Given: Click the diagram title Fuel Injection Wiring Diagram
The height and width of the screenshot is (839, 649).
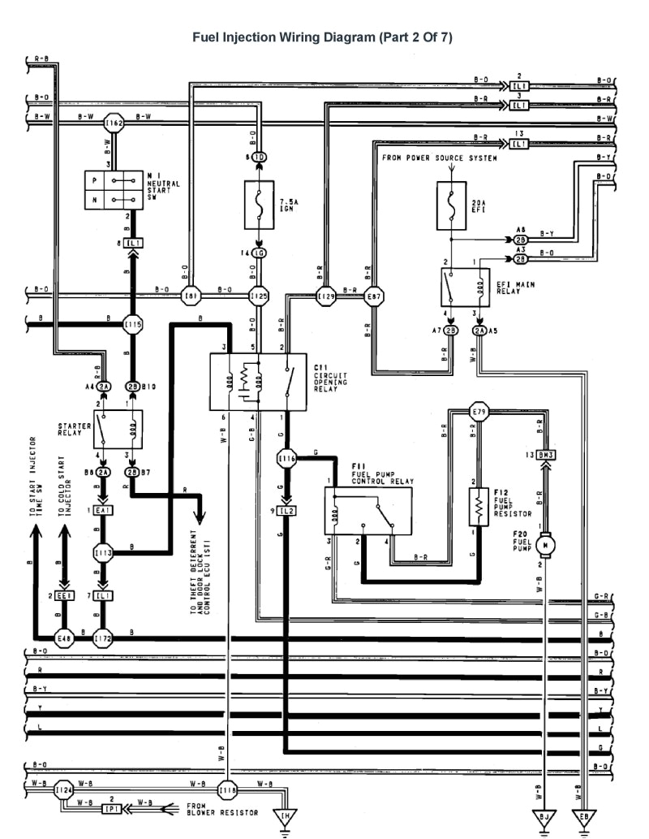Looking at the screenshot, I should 321,37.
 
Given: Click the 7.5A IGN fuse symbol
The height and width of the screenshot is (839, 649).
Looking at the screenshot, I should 259,204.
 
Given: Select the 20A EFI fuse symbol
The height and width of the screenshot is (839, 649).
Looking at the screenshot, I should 449,205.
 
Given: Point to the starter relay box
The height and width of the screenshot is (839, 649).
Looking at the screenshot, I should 117,428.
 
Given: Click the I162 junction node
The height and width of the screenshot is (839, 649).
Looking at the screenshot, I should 115,123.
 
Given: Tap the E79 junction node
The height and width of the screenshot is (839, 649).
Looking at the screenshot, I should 480,412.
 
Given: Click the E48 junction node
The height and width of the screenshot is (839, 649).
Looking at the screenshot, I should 63,638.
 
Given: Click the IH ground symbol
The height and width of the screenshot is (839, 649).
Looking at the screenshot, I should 285,815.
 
